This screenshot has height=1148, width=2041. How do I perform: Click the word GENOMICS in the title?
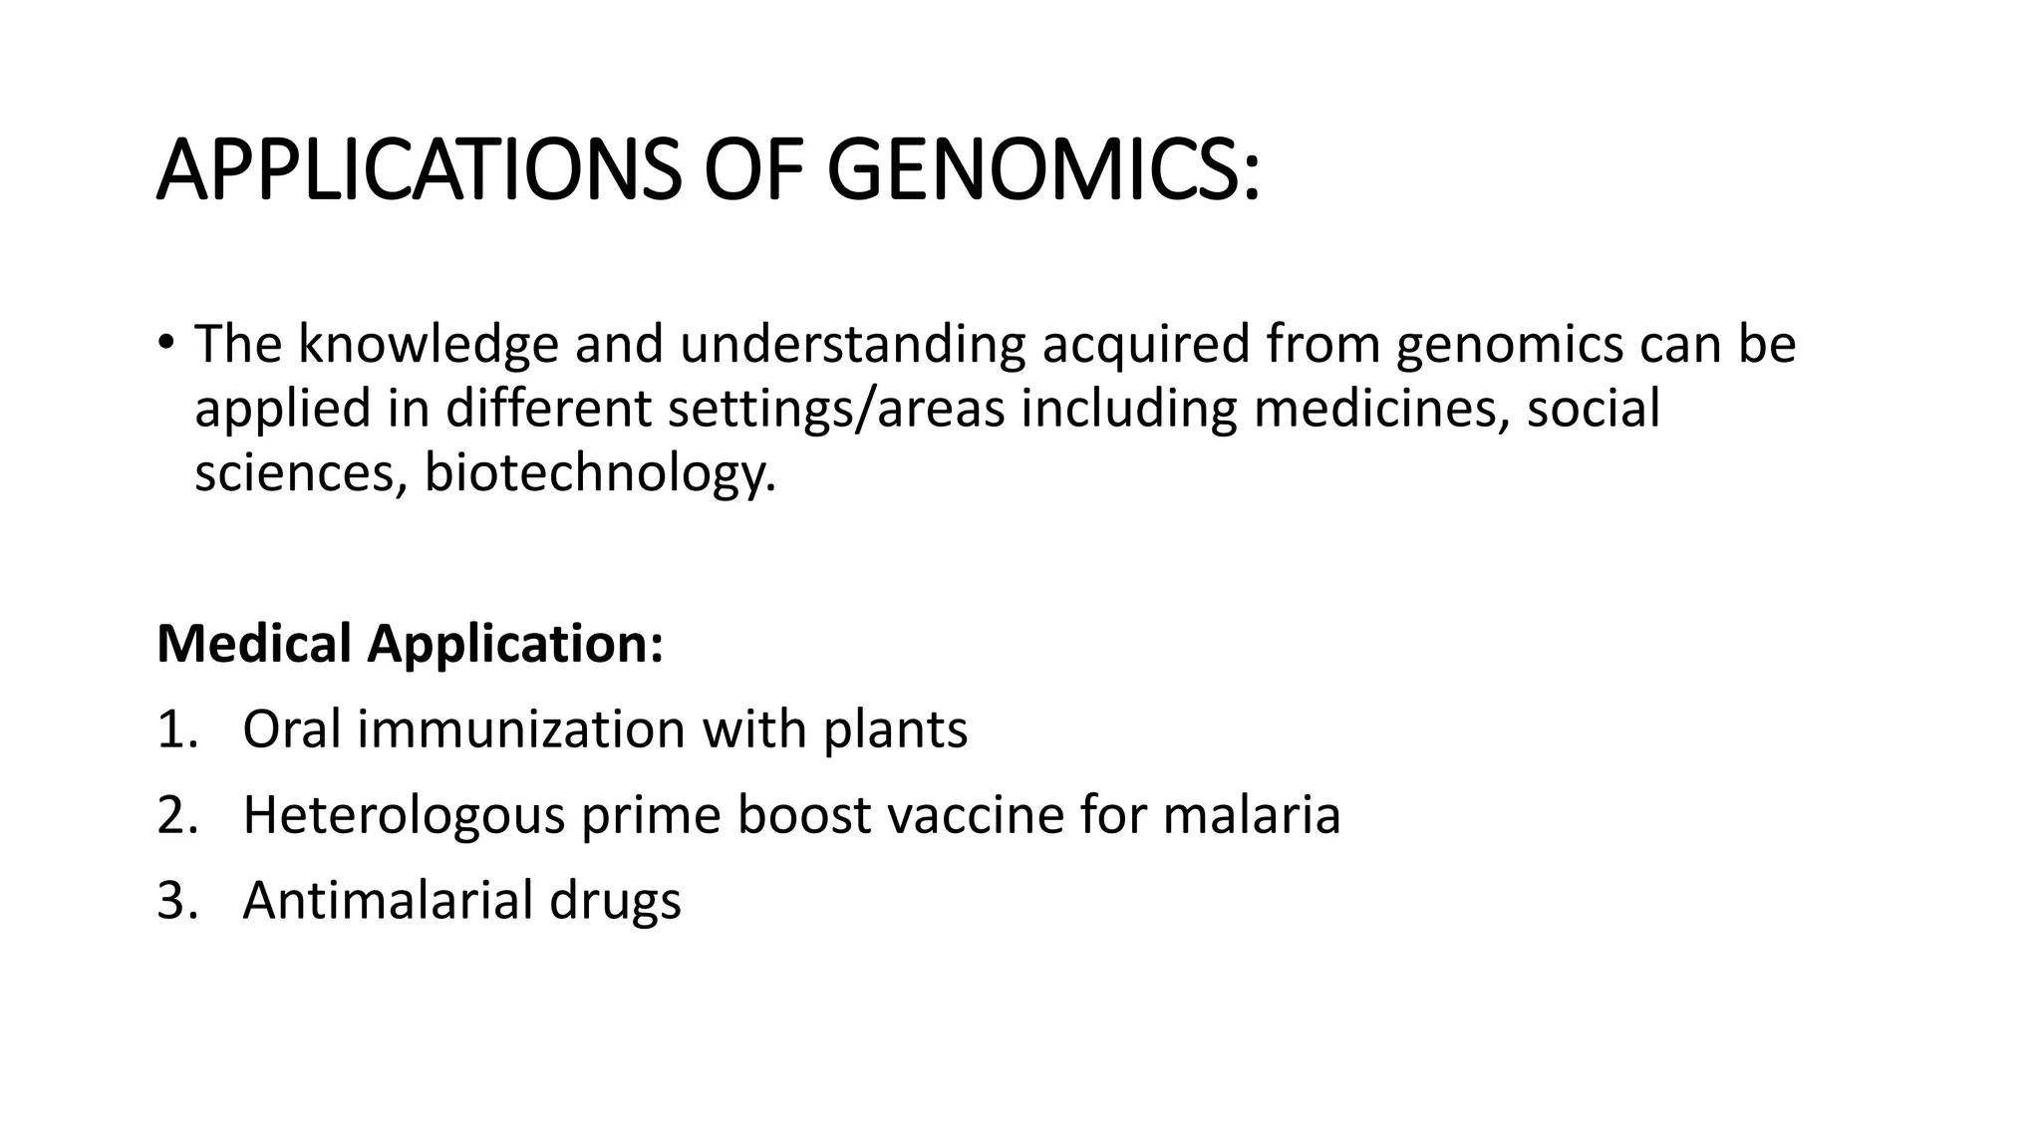click(x=1042, y=170)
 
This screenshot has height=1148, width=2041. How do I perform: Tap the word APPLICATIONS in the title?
click(x=419, y=170)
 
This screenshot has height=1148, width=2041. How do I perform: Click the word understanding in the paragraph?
click(x=853, y=344)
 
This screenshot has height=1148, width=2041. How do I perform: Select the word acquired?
click(x=1146, y=344)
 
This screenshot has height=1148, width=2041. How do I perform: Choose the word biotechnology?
click(x=599, y=473)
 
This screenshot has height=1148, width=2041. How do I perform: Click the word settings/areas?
click(x=836, y=409)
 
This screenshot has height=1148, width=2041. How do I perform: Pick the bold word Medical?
click(x=254, y=643)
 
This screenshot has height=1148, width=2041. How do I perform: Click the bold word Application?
click(x=515, y=645)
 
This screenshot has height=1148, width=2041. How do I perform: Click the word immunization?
click(x=521, y=729)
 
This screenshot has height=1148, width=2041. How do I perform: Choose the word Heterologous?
click(x=404, y=815)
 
